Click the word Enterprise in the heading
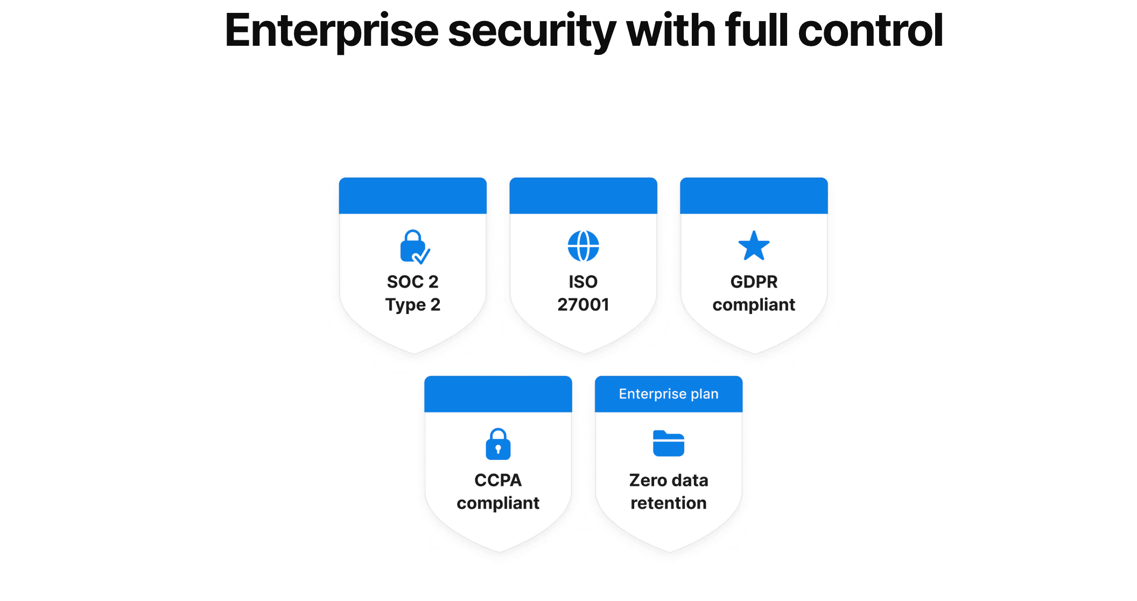(x=332, y=31)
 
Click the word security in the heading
(x=532, y=32)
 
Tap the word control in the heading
(x=871, y=30)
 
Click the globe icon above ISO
(x=584, y=246)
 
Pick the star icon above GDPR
(x=754, y=246)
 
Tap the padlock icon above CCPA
(x=498, y=444)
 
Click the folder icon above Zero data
(x=669, y=443)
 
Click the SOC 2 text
(x=413, y=282)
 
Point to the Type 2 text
(x=413, y=305)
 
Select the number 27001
(x=584, y=305)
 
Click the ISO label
(x=584, y=282)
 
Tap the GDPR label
(x=754, y=282)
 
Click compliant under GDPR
(x=754, y=305)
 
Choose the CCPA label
(x=498, y=480)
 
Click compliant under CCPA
(x=498, y=504)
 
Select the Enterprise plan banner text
(x=669, y=394)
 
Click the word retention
(x=669, y=503)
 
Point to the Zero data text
(x=669, y=480)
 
